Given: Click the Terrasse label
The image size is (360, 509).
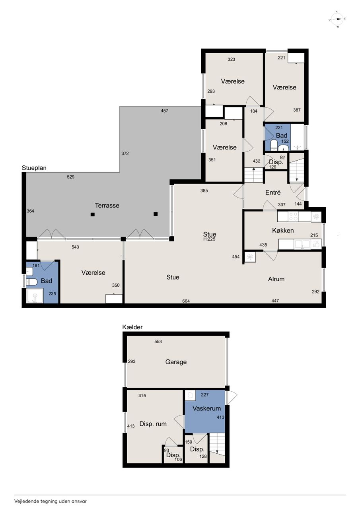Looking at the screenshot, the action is [107, 206].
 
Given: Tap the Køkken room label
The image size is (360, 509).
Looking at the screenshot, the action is [283, 230].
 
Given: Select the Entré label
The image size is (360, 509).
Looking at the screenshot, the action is [273, 192].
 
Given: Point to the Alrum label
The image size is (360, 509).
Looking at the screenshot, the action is [276, 279].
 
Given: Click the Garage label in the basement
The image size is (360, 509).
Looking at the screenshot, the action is [176, 362].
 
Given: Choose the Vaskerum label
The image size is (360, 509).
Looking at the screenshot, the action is [206, 408].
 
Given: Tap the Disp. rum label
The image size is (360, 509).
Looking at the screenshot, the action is [153, 424].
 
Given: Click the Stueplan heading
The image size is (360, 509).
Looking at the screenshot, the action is [34, 168].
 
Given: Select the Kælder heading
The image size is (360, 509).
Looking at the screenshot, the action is [132, 327].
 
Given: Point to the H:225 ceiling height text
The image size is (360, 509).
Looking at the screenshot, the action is [209, 239].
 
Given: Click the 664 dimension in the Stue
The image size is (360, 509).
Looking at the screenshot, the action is [186, 301].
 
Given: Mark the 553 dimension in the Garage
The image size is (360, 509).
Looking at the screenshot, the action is [158, 342].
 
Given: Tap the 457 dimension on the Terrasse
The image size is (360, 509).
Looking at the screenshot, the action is [164, 111].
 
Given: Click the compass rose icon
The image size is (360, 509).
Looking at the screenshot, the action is [337, 19].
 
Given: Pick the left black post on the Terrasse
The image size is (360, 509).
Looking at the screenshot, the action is [93, 214].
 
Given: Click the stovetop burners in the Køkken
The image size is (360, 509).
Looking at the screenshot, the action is [293, 216].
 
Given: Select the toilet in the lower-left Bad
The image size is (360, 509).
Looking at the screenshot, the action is [31, 282].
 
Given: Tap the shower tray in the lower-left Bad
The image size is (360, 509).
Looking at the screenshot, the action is [35, 295].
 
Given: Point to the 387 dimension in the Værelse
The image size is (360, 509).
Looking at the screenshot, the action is [297, 110].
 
